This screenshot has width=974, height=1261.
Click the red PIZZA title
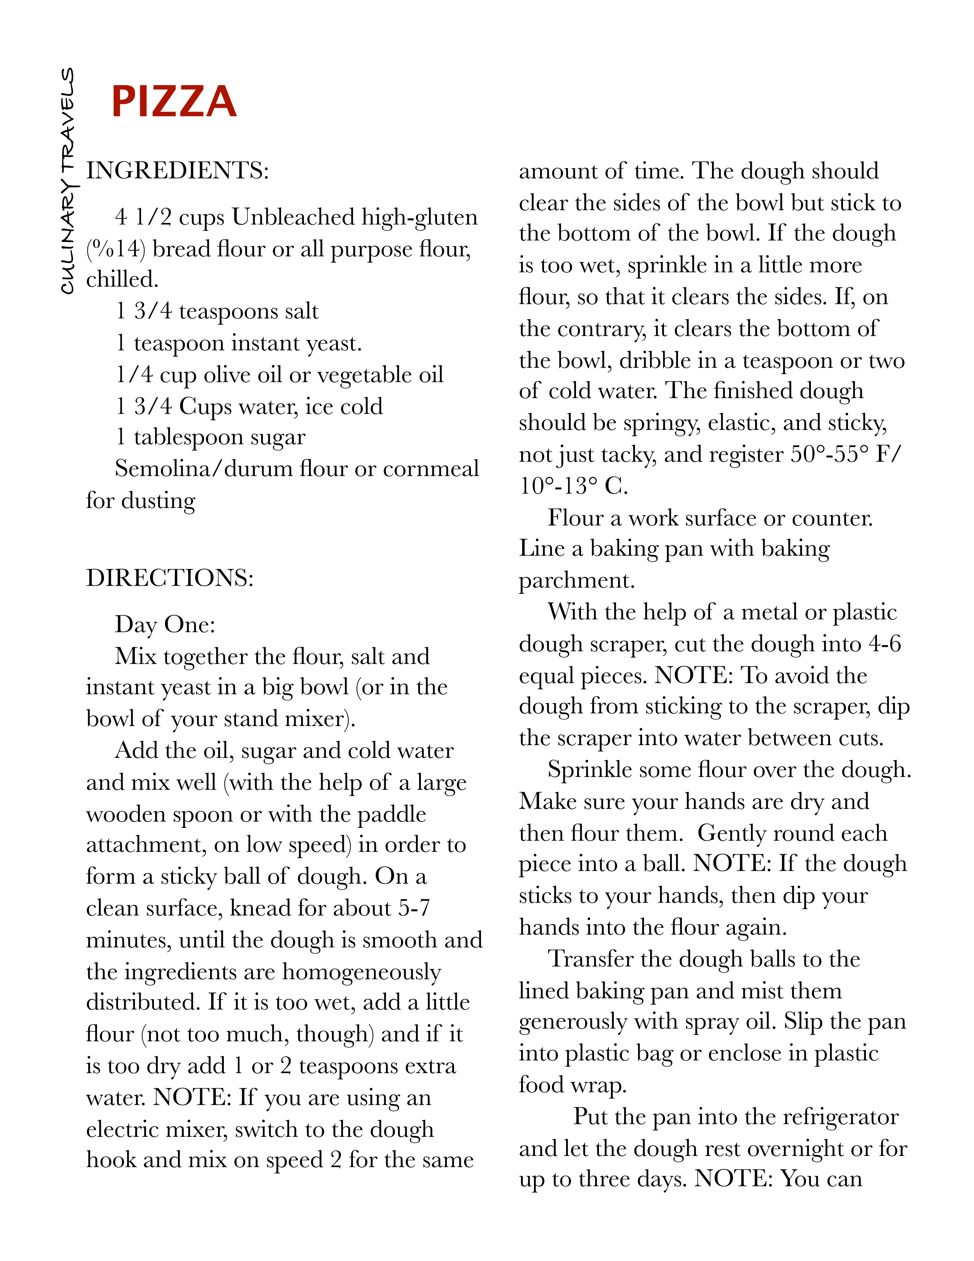(x=174, y=102)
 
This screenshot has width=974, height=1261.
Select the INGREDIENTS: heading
(x=177, y=171)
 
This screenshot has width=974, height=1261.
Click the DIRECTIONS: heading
(x=170, y=578)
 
